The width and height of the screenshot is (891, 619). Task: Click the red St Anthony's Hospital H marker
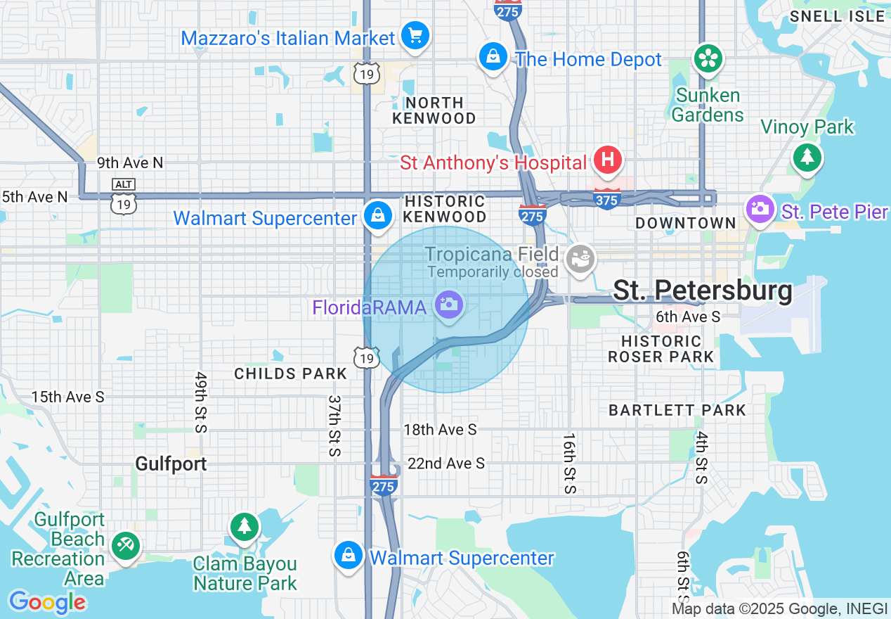pyautogui.click(x=608, y=160)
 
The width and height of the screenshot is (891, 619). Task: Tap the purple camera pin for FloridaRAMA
pyautogui.click(x=448, y=305)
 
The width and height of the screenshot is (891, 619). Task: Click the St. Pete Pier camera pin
pyautogui.click(x=759, y=209)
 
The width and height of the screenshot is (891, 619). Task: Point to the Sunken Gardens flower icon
pyautogui.click(x=708, y=59)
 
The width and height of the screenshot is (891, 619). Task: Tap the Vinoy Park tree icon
pyautogui.click(x=807, y=157)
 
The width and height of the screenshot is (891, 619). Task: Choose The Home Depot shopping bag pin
pyautogui.click(x=493, y=56)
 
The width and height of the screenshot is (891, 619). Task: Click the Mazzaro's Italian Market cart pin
pyautogui.click(x=415, y=34)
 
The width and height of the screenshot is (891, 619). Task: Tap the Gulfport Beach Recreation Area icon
pyautogui.click(x=126, y=545)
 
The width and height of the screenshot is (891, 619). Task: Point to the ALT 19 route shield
pyautogui.click(x=124, y=196)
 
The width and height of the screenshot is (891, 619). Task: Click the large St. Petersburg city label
pyautogui.click(x=702, y=291)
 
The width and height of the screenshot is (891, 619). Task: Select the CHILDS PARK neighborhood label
pyautogui.click(x=291, y=374)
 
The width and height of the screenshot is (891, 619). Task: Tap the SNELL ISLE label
pyautogui.click(x=837, y=16)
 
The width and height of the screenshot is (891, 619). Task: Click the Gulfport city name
pyautogui.click(x=171, y=464)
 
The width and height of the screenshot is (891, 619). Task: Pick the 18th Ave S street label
pyautogui.click(x=440, y=429)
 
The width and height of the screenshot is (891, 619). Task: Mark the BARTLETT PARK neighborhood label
pyautogui.click(x=677, y=410)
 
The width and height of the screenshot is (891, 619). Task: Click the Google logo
pyautogui.click(x=47, y=602)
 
